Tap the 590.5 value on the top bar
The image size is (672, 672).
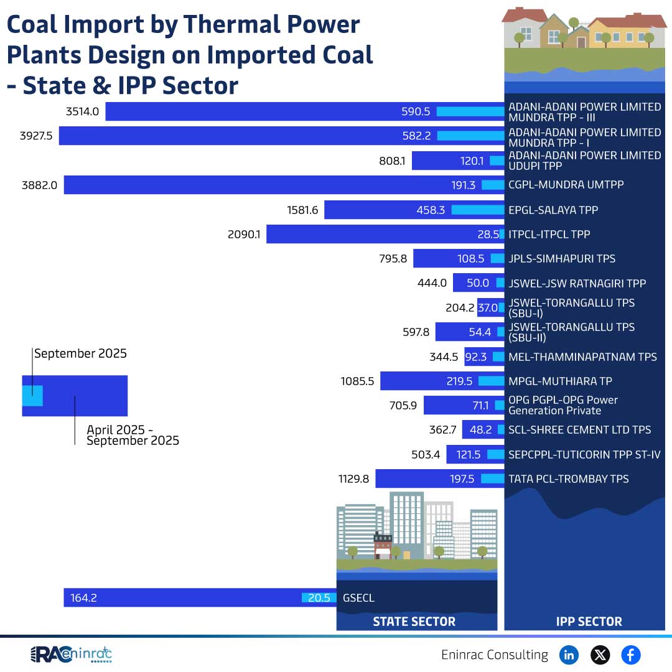click(416, 111)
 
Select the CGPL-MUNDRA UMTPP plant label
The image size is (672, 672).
click(566, 185)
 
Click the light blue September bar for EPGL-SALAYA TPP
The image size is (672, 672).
click(477, 210)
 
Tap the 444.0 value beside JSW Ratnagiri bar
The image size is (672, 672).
click(432, 283)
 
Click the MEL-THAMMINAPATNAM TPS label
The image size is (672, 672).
click(582, 357)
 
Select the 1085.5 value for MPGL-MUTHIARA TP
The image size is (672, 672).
click(357, 381)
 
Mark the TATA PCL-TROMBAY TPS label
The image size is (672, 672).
click(568, 478)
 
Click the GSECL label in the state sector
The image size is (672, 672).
click(358, 598)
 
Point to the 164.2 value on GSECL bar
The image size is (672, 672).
click(83, 598)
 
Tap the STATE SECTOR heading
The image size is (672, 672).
click(414, 621)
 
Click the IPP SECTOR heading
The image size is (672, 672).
click(588, 621)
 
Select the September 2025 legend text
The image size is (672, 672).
click(80, 353)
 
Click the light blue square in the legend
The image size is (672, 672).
click(32, 396)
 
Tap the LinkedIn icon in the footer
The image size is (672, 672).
click(569, 655)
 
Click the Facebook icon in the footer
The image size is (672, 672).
click(630, 655)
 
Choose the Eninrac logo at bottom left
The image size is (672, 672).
click(71, 655)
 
